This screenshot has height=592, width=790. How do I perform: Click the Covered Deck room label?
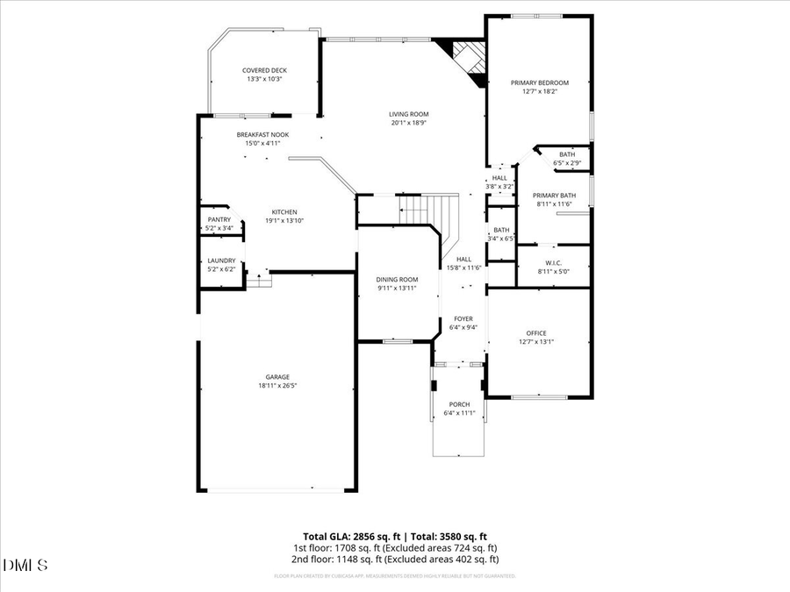click(x=264, y=70)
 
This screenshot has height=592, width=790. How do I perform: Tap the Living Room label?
click(x=409, y=114)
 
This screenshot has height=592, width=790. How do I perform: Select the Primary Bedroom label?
click(x=540, y=82)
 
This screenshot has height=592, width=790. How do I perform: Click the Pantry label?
click(x=219, y=219)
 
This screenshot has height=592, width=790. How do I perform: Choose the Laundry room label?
click(x=220, y=260)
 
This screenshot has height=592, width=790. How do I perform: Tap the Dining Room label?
click(x=397, y=279)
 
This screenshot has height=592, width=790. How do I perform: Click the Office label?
click(x=536, y=333)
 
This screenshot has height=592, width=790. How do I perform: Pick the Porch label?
click(x=459, y=404)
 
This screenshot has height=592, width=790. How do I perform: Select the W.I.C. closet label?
click(x=553, y=262)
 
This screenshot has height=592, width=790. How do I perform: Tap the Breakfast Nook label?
click(x=262, y=134)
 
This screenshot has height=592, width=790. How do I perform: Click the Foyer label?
click(x=463, y=318)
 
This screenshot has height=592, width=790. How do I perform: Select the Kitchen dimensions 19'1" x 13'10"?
click(x=284, y=220)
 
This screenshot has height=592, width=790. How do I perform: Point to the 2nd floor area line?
click(x=395, y=559)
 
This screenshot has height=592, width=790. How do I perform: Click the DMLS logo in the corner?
click(x=25, y=564)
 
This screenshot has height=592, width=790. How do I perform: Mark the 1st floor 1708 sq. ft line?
click(x=395, y=547)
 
